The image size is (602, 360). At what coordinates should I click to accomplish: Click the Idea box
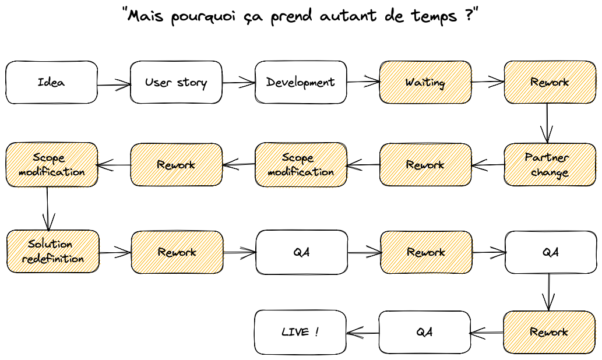coord(51,82)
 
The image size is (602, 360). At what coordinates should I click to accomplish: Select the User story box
coord(176,82)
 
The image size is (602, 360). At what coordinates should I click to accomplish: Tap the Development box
coord(301,82)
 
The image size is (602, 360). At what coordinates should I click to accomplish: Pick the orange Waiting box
coord(425,82)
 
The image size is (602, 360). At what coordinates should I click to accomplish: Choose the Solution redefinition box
coord(52,252)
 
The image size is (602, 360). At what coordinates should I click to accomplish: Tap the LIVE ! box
coord(300,332)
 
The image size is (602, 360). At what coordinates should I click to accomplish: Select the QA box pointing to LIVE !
coord(424,332)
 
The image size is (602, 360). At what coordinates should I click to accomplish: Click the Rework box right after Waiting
coord(550,82)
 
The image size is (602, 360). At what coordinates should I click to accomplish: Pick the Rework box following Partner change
coord(425,165)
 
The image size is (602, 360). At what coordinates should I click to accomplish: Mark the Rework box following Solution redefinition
coord(177,252)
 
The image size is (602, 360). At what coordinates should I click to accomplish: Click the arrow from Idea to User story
coord(114,84)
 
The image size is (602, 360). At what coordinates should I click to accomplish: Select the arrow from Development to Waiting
coord(363,82)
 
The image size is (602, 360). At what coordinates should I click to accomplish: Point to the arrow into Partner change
coord(547,123)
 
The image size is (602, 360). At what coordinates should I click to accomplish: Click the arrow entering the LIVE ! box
coord(362,333)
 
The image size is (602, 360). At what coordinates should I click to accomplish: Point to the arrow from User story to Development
coord(238,83)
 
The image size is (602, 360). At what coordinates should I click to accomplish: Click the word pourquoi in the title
coord(199,17)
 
